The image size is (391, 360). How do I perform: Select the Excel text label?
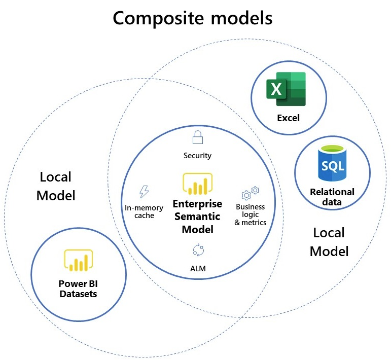click(x=288, y=118)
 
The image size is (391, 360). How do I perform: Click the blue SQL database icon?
click(x=332, y=163)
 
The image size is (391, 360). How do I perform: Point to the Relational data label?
click(x=332, y=197)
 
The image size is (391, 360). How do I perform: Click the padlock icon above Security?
click(x=197, y=137)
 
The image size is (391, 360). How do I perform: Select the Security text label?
click(x=197, y=156)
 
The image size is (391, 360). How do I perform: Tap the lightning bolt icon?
click(x=144, y=192)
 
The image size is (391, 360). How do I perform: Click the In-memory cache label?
click(x=144, y=211)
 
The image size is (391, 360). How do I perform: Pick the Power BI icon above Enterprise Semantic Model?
click(x=197, y=184)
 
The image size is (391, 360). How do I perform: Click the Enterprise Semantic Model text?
click(x=197, y=217)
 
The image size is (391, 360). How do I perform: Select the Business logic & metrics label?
click(x=251, y=214)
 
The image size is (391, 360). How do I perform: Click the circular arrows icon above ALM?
click(x=197, y=249)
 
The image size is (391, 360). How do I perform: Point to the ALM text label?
click(x=197, y=269)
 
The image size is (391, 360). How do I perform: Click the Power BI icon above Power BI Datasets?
click(x=78, y=260)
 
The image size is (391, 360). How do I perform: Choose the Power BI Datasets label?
click(x=78, y=289)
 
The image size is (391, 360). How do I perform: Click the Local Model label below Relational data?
click(x=329, y=242)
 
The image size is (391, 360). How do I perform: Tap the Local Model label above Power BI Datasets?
click(x=56, y=186)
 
